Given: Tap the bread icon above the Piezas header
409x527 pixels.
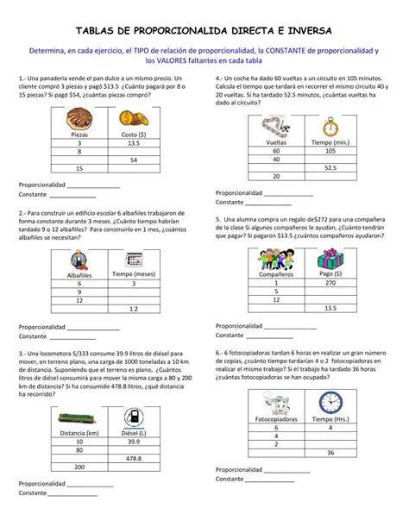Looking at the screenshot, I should tap(79, 120).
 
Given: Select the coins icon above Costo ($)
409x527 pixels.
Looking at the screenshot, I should tap(131, 119).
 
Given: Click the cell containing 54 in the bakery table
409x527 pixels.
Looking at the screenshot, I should tap(134, 160).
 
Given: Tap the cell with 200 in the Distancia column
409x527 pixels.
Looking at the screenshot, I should tap(79, 467).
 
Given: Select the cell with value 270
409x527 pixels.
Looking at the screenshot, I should tap(329, 282).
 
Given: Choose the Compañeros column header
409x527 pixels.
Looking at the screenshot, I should tap(276, 274).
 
